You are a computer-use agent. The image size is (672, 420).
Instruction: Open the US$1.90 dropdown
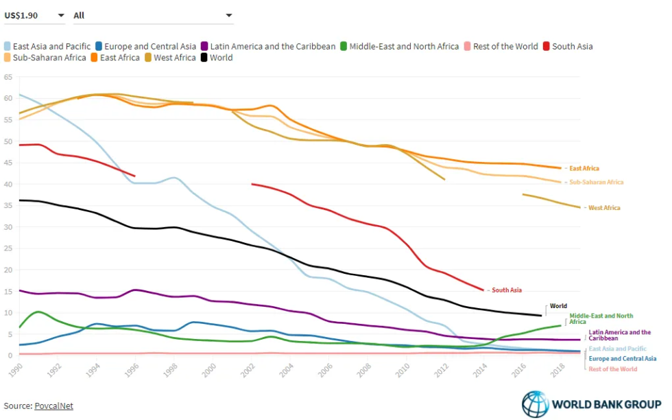coord(34,15)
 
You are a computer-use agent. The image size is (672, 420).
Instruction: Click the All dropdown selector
coord(152,15)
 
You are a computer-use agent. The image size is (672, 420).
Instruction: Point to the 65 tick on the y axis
coord(8,78)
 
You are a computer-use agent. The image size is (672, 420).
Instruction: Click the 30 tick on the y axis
coord(8,227)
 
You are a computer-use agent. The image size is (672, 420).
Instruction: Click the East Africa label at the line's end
coord(584,168)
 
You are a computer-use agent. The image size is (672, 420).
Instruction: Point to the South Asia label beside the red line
coord(507,290)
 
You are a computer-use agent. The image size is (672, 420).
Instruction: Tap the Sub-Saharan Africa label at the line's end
coord(596,183)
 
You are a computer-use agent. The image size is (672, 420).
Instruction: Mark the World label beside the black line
coord(558,306)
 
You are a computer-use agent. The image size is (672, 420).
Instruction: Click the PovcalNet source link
coord(53,406)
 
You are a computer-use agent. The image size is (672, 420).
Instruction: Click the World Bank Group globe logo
coord(536,404)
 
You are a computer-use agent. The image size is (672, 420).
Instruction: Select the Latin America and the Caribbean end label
coord(619,335)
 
